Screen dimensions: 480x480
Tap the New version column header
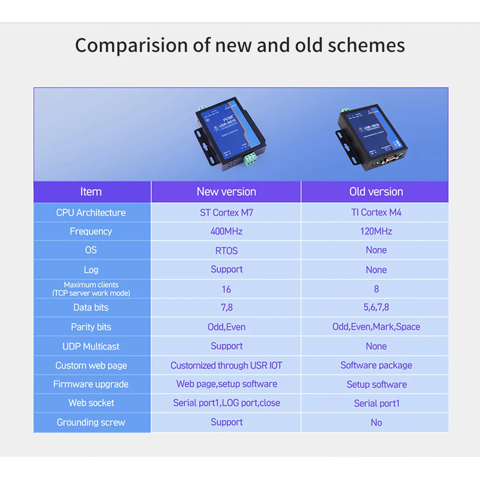click(226, 192)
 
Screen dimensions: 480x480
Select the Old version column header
click(376, 192)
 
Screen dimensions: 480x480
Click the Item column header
click(91, 192)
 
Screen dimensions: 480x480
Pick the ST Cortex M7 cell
click(226, 213)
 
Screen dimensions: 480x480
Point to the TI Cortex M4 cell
click(376, 213)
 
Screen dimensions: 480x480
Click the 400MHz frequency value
click(226, 231)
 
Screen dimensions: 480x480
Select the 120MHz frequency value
click(376, 231)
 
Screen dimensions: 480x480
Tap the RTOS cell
click(226, 250)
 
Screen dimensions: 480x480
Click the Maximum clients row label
click(91, 289)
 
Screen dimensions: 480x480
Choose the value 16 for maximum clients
click(226, 289)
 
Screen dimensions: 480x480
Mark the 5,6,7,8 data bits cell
click(376, 307)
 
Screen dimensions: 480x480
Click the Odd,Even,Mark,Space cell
click(376, 327)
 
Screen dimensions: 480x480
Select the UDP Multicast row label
click(91, 346)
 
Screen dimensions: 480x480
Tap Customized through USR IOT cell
click(226, 365)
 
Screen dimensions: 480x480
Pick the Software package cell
click(376, 365)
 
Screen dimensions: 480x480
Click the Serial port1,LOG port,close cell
click(226, 403)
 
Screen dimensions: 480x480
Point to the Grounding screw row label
click(91, 422)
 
